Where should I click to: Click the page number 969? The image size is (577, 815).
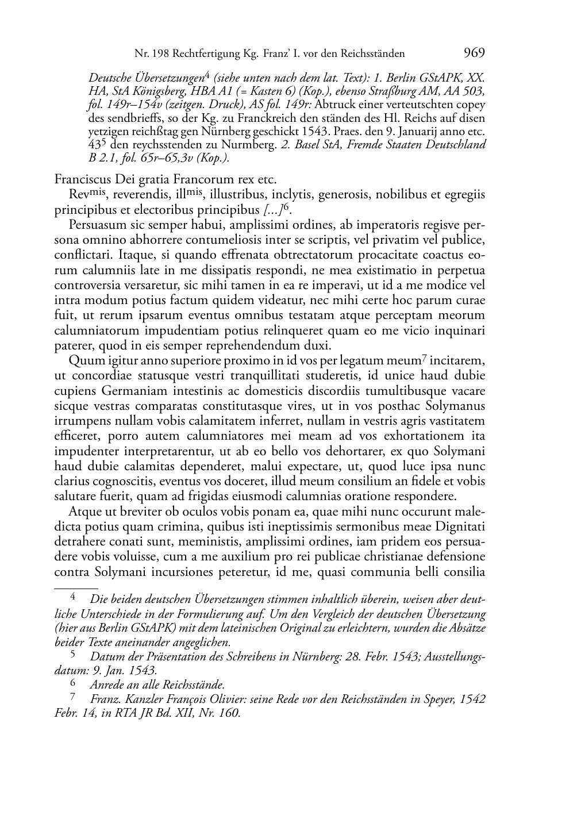(474, 53)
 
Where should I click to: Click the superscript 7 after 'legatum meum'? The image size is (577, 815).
(424, 357)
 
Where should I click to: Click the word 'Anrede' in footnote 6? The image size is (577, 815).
(106, 685)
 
